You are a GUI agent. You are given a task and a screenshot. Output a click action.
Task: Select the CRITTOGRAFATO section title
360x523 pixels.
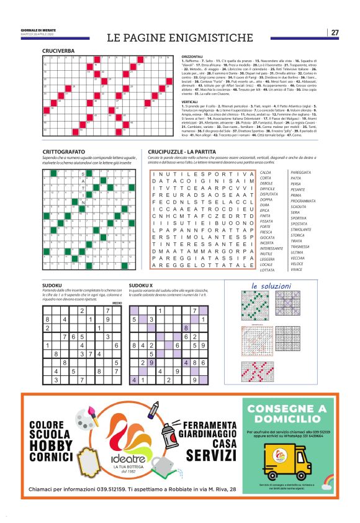(x=64, y=152)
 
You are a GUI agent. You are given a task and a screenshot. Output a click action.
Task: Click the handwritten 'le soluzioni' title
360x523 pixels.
(x=271, y=286)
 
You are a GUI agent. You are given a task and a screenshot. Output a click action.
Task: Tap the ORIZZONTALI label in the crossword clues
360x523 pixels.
(x=194, y=56)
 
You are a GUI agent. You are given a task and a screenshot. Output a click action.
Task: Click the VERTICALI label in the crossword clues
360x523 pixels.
(x=190, y=101)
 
